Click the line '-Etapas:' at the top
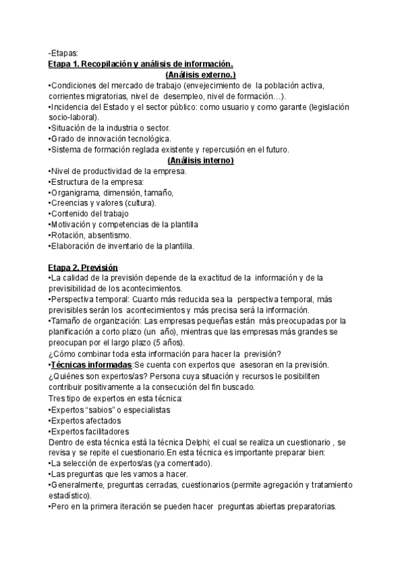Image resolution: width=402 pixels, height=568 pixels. tap(64, 54)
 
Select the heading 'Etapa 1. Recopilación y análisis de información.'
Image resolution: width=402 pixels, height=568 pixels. tap(141, 64)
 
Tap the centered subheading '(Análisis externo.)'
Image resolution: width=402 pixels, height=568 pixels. tap(200, 75)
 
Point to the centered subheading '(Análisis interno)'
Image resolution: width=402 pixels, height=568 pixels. tap(200, 161)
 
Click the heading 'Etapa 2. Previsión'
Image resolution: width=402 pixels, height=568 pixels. tap(83, 267)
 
